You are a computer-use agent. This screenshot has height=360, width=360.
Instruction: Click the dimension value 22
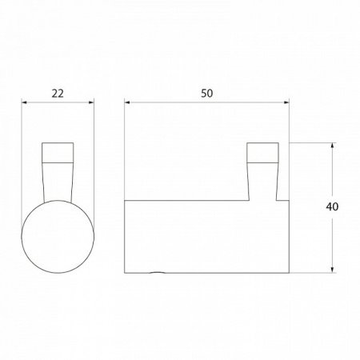(58, 92)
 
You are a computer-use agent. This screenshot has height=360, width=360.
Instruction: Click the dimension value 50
(207, 92)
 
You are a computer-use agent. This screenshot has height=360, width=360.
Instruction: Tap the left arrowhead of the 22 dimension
(23, 102)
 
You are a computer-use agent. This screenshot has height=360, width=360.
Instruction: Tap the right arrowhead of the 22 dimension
(93, 102)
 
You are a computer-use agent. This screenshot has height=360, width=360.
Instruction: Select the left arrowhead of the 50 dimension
(129, 102)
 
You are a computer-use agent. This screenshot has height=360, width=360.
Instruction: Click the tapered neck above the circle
(58, 180)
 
